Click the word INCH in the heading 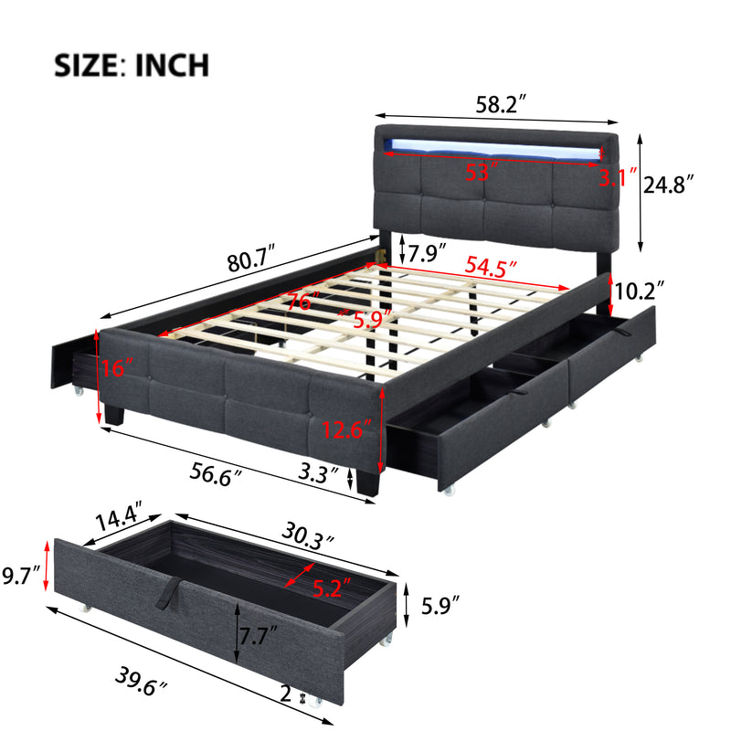[x=172, y=65]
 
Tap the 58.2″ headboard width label [x=501, y=104]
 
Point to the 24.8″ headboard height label [x=669, y=185]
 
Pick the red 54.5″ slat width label [x=491, y=267]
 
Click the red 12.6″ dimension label [x=347, y=429]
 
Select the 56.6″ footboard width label [x=216, y=474]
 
